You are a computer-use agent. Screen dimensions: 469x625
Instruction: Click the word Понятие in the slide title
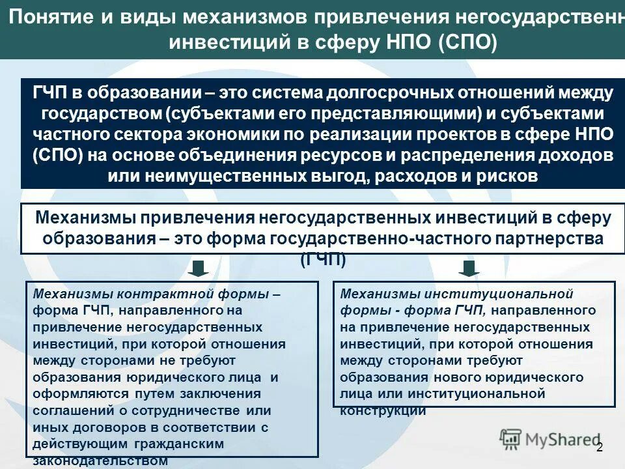pyautogui.click(x=52, y=15)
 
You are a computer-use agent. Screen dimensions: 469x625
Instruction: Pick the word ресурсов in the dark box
pyautogui.click(x=353, y=156)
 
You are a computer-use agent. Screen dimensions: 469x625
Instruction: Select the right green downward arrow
pyautogui.click(x=469, y=268)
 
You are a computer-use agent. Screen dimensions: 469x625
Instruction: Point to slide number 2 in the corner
pyautogui.click(x=599, y=447)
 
